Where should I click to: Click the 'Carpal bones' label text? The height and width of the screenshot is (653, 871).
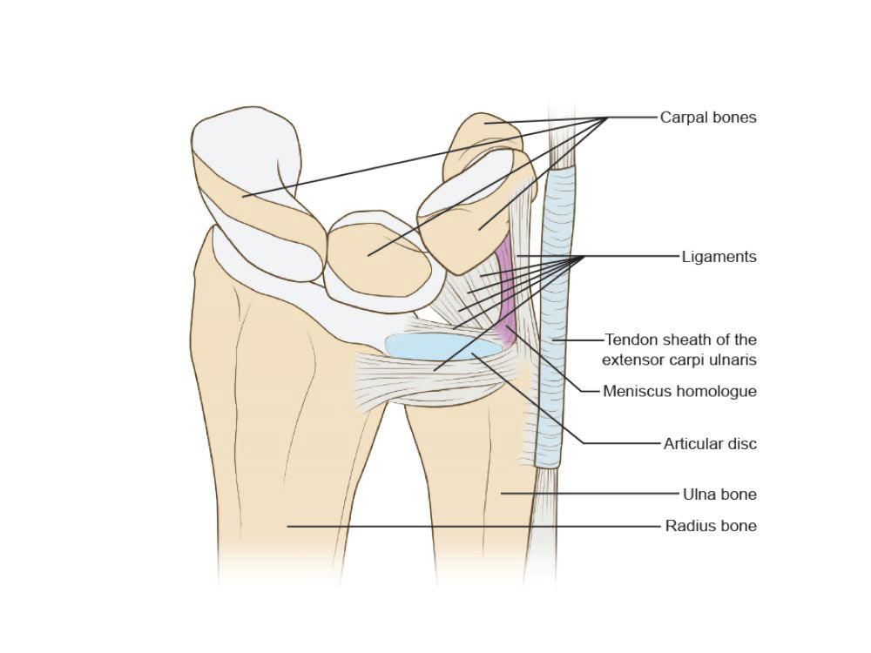click(x=708, y=118)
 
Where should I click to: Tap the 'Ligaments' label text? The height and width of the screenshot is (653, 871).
click(x=719, y=257)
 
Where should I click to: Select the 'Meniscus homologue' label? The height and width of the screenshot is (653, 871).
click(x=679, y=392)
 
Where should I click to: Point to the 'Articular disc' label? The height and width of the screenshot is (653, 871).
click(x=710, y=444)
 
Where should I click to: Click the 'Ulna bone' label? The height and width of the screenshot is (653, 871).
click(x=719, y=495)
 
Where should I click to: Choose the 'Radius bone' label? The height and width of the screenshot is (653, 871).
click(x=711, y=526)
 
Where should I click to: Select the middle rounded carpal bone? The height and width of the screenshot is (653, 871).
click(x=379, y=252)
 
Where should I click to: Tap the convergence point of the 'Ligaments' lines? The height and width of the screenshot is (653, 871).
click(x=582, y=257)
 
